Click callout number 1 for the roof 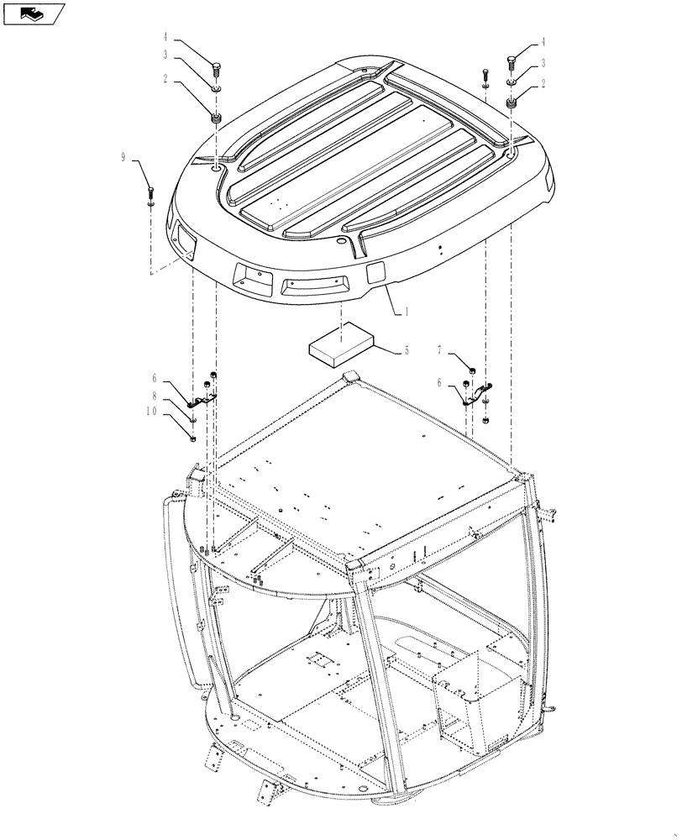[407, 312]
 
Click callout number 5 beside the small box [407, 350]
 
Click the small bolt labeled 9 [150, 192]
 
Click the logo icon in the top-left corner [33, 13]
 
